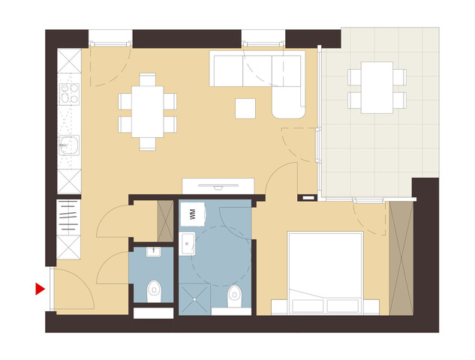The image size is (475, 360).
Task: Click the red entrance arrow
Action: point(40,289)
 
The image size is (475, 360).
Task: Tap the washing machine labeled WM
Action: point(193,214)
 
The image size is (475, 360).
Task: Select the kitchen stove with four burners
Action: point(69,94)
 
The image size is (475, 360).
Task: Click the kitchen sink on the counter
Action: point(69,145)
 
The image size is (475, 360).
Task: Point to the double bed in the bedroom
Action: point(325,272)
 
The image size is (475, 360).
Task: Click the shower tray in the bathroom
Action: point(194,298)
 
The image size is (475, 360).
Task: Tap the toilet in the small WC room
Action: point(154,291)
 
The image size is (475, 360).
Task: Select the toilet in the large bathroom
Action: point(235,296)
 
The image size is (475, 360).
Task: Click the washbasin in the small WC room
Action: point(154,252)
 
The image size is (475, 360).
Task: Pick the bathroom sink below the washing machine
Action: point(187,244)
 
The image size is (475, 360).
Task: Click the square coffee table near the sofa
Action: point(245,109)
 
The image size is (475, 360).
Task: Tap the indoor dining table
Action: point(148,112)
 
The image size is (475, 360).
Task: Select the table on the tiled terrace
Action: point(377,88)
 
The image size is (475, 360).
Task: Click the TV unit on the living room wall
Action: point(218,186)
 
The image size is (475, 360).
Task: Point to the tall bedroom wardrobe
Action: point(401,258)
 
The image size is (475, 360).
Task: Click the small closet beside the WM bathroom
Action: point(165,220)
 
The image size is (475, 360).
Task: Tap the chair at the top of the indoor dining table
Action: point(148,79)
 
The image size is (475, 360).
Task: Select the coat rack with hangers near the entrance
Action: point(69,217)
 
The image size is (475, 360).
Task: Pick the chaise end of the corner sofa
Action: point(288,102)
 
